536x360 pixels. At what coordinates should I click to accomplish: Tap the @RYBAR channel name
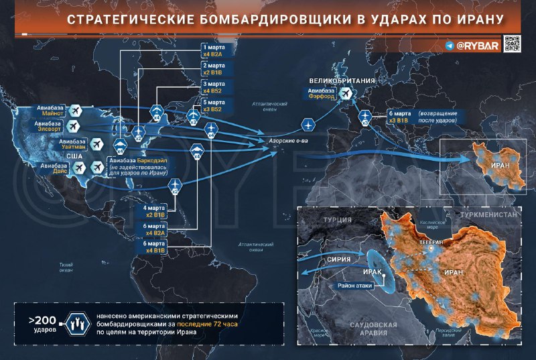click(x=478, y=46)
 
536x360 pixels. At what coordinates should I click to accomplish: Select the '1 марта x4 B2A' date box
click(x=216, y=52)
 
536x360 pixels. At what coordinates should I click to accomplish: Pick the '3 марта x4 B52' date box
click(x=216, y=88)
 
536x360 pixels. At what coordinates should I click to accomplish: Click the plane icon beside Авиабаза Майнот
click(x=75, y=110)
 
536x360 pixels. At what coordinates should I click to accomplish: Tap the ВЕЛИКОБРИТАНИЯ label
click(x=346, y=81)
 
